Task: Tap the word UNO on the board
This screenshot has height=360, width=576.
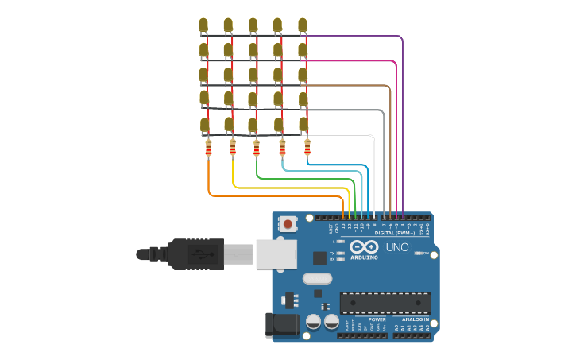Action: pos(396,247)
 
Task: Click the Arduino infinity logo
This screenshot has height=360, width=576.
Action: pos(364,246)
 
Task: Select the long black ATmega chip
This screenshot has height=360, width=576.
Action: pos(385,303)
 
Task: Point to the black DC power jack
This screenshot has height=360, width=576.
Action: pos(282,324)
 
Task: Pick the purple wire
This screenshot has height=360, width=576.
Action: pos(402,119)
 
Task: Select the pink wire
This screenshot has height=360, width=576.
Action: pos(396,135)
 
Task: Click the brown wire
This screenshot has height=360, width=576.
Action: pos(389,151)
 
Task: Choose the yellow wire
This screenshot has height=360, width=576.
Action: pos(286,188)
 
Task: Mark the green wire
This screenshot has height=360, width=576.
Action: pos(302,180)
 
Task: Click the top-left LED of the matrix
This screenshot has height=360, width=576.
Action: pos(203,25)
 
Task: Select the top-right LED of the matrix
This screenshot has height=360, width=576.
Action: pos(303,25)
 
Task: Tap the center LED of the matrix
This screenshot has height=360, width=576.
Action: pos(253,75)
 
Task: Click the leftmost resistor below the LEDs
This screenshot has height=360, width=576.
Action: pos(208,149)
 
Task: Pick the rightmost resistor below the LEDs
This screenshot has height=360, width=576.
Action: pos(307,147)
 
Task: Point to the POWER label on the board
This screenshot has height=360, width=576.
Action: pos(377,319)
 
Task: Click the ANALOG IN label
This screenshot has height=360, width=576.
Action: pos(415,319)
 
